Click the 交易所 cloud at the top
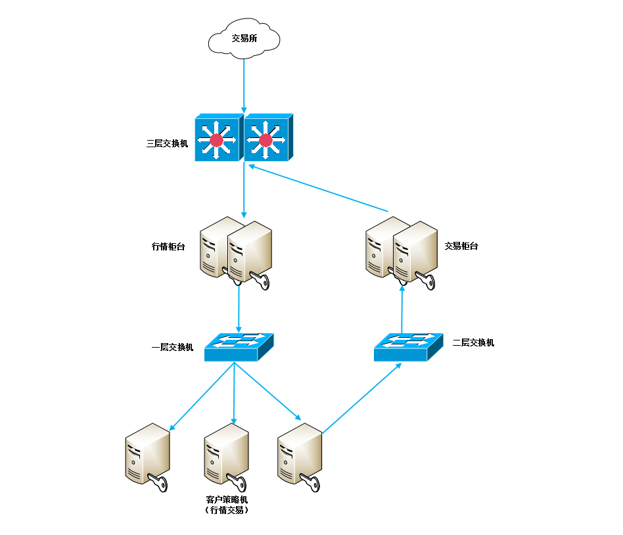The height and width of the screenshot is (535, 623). coord(244,39)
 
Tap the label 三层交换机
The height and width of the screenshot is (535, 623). coord(168,142)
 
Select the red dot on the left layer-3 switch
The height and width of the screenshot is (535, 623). coord(216,140)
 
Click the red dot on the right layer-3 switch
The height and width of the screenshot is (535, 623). coord(265,140)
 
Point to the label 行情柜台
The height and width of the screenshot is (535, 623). coord(168,247)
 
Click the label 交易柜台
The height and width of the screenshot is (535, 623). coord(461,246)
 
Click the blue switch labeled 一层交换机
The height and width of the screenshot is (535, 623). coord(238,346)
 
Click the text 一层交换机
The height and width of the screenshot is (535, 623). coord(173,347)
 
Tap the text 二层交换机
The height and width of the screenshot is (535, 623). coord(474,342)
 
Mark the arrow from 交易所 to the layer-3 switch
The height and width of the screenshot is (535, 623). coord(244,85)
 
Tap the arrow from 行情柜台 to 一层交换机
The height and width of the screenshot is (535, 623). coord(239,306)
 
